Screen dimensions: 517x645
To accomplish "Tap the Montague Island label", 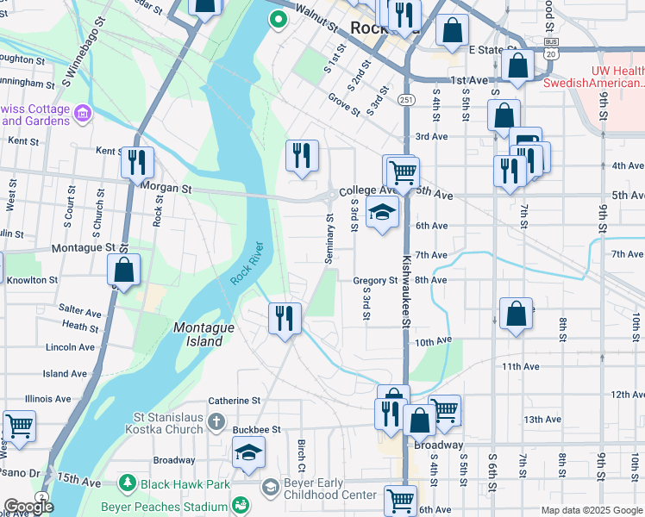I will point(198,334).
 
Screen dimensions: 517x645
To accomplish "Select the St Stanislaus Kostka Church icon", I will point(216,422).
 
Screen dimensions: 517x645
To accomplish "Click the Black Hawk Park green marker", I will point(128,483).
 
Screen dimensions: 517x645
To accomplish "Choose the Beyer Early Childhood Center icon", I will point(270,489).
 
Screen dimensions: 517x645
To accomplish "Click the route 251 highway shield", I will point(405,100).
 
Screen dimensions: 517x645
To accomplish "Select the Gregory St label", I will point(375,281).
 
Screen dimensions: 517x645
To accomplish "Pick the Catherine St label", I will point(234,401).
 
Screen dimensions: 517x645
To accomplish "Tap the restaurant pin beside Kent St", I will point(137,160).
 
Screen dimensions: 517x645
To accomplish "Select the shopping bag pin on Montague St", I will point(124,270).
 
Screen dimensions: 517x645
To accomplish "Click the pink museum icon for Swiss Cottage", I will point(83,112).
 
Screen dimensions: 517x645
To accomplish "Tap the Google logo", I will point(28,507).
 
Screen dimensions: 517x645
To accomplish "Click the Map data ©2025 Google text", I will point(592,510).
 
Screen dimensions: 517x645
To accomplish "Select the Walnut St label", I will point(316,13).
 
